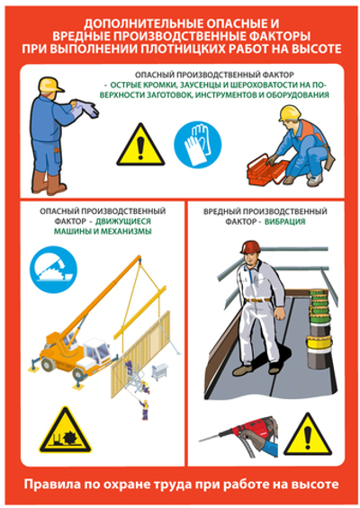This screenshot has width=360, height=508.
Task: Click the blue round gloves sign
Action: coord(197,144)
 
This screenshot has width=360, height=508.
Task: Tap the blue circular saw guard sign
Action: coord(53,270)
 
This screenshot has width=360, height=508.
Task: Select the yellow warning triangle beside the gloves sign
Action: coord(140,145)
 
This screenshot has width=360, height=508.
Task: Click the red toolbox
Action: coord(268,170)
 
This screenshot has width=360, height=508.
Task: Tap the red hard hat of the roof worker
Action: coord(251,247)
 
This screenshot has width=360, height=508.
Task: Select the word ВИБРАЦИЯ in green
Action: coord(285,221)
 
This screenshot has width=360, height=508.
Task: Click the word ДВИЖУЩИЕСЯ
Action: coord(123,221)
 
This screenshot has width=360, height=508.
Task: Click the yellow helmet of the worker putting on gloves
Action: coord(50,85)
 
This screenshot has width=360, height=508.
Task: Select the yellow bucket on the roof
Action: coord(319,343)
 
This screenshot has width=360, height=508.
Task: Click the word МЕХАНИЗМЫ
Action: coord(126,231)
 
